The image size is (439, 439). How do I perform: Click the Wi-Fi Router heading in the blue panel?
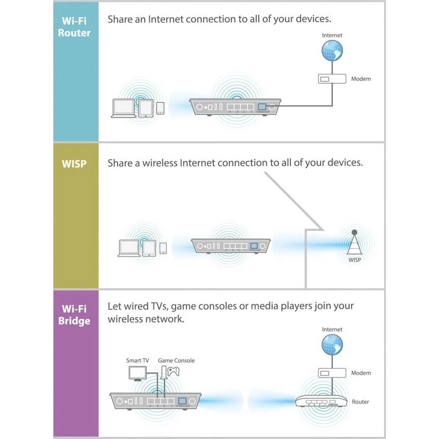74,26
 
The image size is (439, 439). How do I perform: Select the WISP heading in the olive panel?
74,163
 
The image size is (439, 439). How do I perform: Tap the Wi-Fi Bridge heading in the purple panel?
74,314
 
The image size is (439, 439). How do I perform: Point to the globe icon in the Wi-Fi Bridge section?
332,345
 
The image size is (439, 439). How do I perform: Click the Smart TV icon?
137,373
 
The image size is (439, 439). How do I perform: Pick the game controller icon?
176,372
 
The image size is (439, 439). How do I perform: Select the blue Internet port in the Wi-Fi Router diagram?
262,107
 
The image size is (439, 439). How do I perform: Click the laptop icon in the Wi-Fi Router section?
124,108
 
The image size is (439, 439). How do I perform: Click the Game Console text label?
176,360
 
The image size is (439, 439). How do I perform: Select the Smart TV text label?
137,360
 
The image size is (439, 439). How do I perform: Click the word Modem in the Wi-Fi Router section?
361,79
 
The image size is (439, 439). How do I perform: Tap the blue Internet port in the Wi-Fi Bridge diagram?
183,400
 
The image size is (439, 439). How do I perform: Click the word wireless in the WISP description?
160,163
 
